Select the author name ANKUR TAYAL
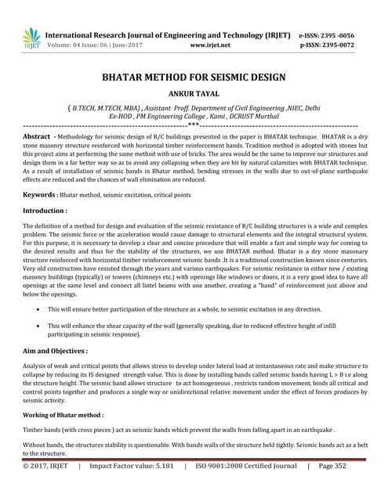tap(194, 95)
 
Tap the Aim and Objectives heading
tap(54, 351)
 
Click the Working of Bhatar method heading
tap(63, 414)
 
